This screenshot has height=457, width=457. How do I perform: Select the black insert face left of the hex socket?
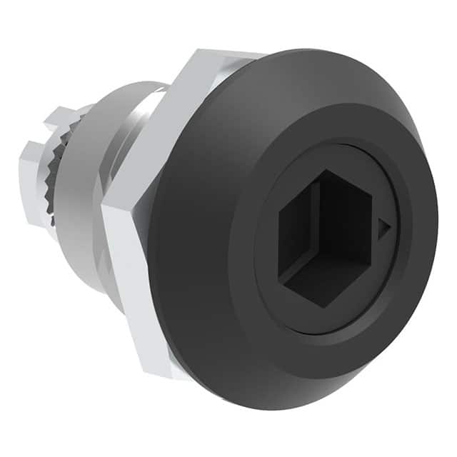(x=268, y=236)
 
